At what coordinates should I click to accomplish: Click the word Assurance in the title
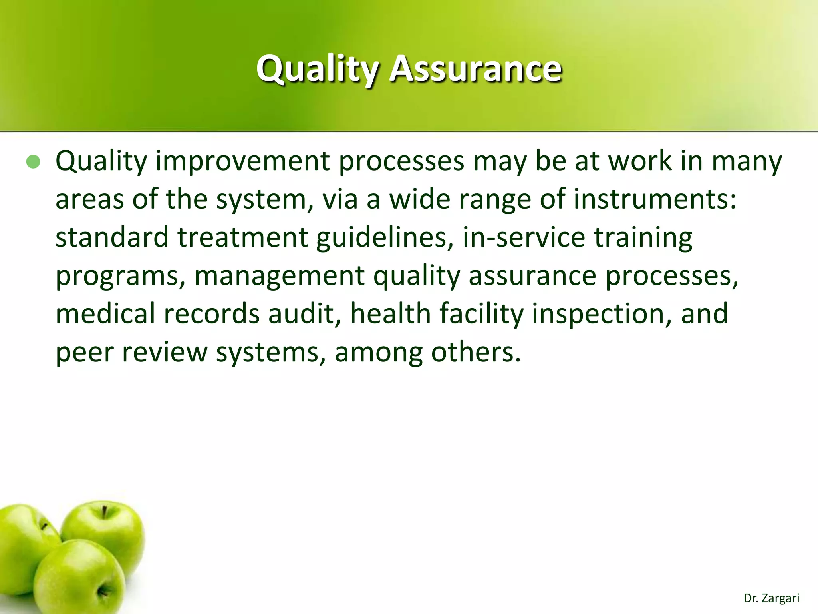coord(475,69)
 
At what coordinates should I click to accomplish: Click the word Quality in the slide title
coord(318,69)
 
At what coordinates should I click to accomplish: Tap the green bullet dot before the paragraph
coord(34,162)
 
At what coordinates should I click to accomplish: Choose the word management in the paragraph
coord(279,276)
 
